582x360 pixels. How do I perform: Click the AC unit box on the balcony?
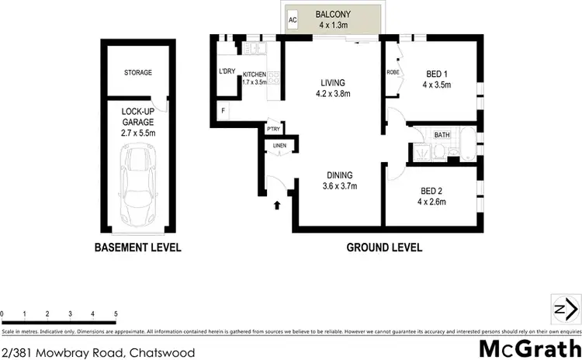click(293, 20)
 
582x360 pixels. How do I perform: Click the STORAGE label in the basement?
click(137, 73)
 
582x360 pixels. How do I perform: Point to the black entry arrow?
click(278, 206)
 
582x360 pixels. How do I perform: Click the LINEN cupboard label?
click(279, 145)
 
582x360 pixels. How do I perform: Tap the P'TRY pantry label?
click(273, 129)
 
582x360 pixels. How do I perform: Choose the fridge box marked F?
click(223, 111)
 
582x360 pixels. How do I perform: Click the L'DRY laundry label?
click(227, 71)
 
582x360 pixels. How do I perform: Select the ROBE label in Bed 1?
click(393, 73)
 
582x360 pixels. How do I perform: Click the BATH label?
click(442, 135)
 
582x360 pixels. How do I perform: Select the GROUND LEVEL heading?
click(385, 248)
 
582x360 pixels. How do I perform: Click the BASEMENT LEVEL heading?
click(137, 248)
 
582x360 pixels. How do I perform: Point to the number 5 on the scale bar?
click(116, 313)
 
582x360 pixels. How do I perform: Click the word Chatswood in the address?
click(163, 352)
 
